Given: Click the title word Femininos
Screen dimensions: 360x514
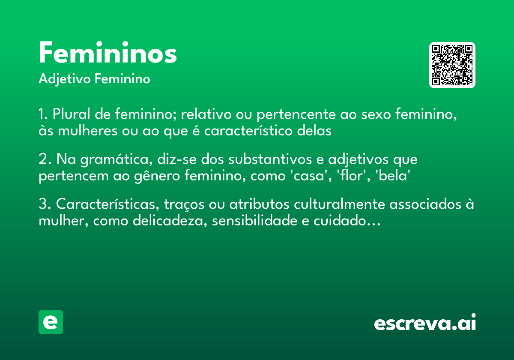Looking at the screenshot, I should [x=108, y=54].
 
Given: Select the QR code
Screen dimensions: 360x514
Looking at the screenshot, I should [x=452, y=65].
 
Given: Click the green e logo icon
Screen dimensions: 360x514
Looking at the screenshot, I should [x=51, y=322].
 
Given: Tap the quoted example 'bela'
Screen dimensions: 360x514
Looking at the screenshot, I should [x=390, y=176].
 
